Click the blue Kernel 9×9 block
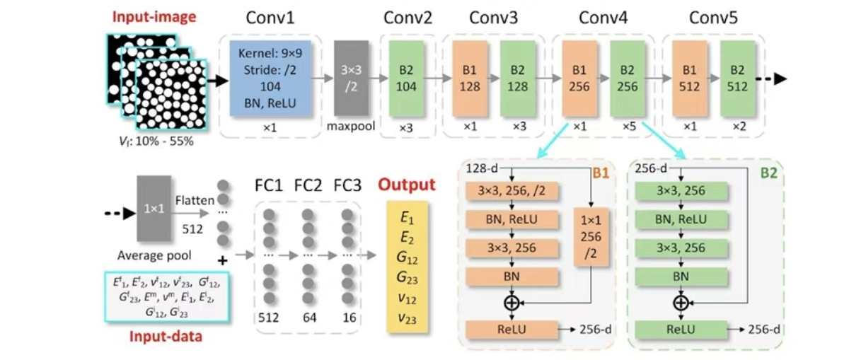tap(270, 78)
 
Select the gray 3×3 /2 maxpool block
tap(351, 78)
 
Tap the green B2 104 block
tap(406, 78)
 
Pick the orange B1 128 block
tap(470, 78)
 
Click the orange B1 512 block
tap(689, 78)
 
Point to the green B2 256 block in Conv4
tap(628, 78)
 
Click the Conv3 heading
tap(494, 18)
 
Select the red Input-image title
tap(154, 17)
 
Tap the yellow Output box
tap(407, 267)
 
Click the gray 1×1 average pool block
tap(154, 209)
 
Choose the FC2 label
tap(308, 185)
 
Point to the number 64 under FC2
tap(310, 317)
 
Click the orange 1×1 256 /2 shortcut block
tap(591, 237)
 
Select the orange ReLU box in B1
tap(512, 330)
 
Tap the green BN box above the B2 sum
tap(681, 277)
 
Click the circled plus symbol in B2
tap(681, 303)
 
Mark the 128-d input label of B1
tap(482, 168)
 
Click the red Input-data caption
tap(166, 337)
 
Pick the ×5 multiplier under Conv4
tap(629, 126)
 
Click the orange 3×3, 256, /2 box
tap(512, 191)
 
